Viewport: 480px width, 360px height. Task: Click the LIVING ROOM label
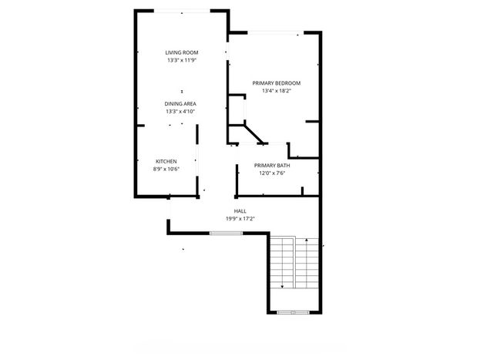tap(182, 52)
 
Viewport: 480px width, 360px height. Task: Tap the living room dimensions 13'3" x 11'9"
tap(182, 60)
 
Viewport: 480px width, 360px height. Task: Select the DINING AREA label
tap(180, 104)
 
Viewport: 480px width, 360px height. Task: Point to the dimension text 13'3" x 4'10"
tap(180, 112)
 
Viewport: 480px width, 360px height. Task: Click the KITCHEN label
tap(166, 161)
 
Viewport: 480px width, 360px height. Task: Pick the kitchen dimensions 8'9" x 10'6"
tap(166, 169)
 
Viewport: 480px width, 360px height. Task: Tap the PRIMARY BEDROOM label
tap(277, 83)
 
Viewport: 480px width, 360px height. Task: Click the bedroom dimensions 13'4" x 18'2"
tap(277, 91)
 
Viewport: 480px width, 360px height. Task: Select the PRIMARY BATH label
tap(272, 166)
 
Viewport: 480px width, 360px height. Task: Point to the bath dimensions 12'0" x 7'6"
tap(272, 173)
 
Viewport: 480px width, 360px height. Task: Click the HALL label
tap(240, 211)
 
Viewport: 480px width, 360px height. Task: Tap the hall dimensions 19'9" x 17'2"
tap(240, 219)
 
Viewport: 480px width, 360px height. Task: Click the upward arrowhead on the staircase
tap(307, 240)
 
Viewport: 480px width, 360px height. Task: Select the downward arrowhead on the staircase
tap(282, 287)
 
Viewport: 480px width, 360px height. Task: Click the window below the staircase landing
tap(294, 312)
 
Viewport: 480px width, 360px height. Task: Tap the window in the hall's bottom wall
tap(227, 233)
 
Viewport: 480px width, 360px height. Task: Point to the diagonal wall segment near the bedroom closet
tap(253, 134)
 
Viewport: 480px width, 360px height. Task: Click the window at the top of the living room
tap(182, 12)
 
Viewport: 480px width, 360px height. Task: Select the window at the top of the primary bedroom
tap(276, 33)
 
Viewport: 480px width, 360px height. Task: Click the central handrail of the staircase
tap(294, 262)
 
